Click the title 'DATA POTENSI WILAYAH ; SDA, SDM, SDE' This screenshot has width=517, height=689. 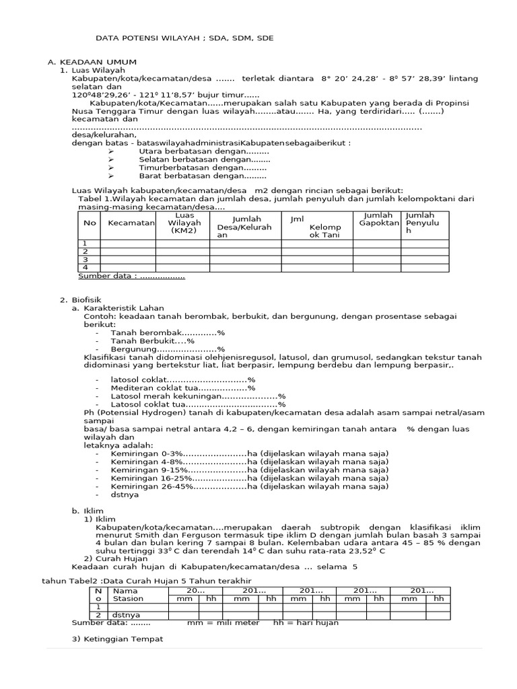184,38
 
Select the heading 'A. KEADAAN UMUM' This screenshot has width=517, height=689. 92,61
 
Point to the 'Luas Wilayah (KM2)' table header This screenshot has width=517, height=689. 184,223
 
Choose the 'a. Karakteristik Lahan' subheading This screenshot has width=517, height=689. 118,307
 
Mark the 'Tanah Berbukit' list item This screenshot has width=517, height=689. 152,341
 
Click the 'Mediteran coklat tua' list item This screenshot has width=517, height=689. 183,388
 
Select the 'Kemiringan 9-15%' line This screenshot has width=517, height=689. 249,470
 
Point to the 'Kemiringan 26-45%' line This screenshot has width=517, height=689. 249,486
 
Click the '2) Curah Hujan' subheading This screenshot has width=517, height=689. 112,558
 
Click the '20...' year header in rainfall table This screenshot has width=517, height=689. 196,590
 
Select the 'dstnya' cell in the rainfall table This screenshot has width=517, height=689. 125,615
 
